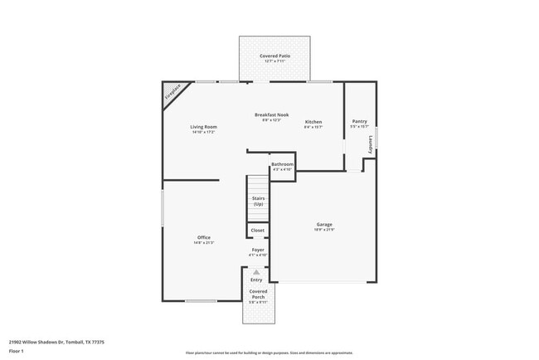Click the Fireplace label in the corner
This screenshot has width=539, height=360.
click(172, 95)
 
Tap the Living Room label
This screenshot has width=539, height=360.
click(203, 127)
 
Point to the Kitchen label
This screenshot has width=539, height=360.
click(313, 122)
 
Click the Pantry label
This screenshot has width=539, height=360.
click(359, 121)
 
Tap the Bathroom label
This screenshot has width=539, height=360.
click(282, 164)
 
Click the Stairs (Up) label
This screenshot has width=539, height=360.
click(258, 201)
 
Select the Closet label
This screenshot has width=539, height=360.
click(258, 230)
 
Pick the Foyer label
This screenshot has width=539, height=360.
click(258, 249)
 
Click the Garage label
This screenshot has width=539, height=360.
click(324, 225)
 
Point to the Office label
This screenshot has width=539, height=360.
click(203, 238)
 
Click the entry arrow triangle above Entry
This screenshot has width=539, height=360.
click(257, 272)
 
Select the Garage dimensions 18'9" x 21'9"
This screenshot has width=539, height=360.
click(324, 230)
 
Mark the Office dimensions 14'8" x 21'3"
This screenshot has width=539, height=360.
click(203, 243)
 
